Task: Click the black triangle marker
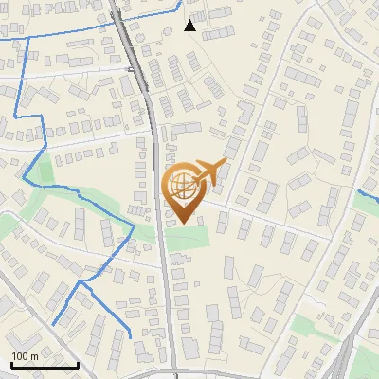[190, 26]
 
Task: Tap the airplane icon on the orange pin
[208, 172]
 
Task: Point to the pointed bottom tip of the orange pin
[184, 224]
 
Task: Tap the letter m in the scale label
[34, 356]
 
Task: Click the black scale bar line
[44, 364]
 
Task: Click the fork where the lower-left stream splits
[83, 282]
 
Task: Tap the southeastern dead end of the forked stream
[129, 334]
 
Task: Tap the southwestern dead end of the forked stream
[53, 325]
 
